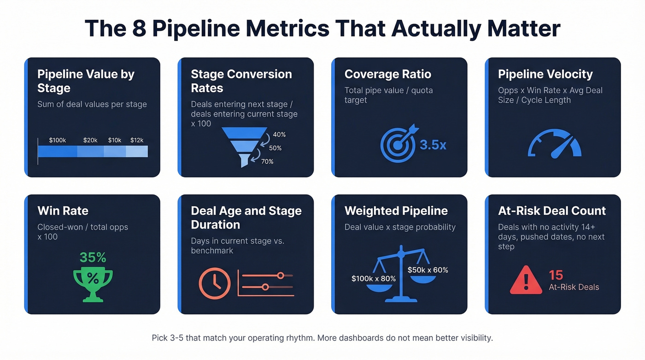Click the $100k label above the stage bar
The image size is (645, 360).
[x=58, y=140]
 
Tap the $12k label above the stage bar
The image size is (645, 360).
[x=137, y=140]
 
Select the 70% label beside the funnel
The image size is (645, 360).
[x=268, y=161]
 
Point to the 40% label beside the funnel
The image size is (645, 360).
[x=279, y=135]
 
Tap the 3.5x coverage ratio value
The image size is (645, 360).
[x=433, y=145]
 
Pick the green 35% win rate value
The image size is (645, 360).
[x=93, y=257]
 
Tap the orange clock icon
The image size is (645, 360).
[x=215, y=283]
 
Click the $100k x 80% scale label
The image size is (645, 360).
[x=374, y=278]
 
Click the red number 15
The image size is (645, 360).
[x=556, y=275]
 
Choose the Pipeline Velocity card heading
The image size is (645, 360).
[x=545, y=74]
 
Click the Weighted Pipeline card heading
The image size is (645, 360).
[x=396, y=211]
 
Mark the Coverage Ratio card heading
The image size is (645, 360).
[x=387, y=74]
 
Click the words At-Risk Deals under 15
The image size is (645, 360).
[x=574, y=287]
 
